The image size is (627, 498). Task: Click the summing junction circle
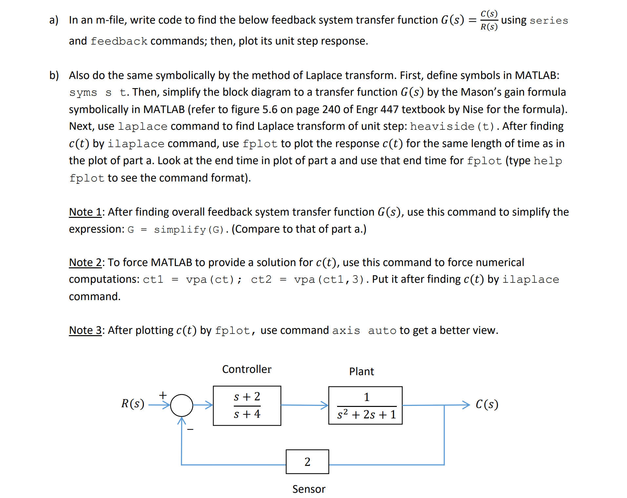click(181, 405)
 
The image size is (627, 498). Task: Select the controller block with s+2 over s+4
click(247, 406)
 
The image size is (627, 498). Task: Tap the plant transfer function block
click(365, 406)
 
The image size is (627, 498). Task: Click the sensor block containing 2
click(307, 462)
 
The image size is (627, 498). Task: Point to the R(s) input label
click(132, 404)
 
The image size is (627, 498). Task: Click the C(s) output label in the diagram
click(487, 404)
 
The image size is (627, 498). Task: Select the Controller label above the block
click(247, 369)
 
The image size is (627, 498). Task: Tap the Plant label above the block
click(361, 372)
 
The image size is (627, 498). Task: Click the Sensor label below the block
click(309, 489)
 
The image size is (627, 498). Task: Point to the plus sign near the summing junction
click(163, 395)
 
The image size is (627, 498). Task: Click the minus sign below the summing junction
click(190, 429)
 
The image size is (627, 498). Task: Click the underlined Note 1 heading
click(85, 212)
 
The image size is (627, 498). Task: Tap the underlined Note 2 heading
click(85, 262)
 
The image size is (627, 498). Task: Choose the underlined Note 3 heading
click(85, 330)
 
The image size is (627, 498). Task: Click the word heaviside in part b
click(442, 126)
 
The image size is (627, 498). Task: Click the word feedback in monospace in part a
click(119, 41)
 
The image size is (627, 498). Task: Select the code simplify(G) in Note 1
click(189, 230)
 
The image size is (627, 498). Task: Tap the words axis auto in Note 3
click(364, 331)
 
